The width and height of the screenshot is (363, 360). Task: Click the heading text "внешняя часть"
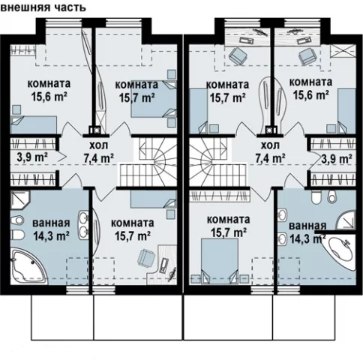[x=43, y=7]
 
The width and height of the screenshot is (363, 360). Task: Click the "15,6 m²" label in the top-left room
[x=49, y=96]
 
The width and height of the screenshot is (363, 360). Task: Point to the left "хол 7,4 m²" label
[x=98, y=152]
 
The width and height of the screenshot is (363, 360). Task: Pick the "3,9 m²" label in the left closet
[x=32, y=157]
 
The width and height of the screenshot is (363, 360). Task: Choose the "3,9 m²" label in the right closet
[x=337, y=158]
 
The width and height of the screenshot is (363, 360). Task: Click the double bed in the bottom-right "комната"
[x=220, y=261]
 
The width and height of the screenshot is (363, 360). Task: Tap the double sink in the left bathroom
[x=84, y=223]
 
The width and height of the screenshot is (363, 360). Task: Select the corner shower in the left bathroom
[x=20, y=200]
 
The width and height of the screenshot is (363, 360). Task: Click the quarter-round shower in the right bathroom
[x=346, y=220]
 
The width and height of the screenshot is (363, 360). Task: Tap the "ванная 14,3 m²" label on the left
[x=51, y=229]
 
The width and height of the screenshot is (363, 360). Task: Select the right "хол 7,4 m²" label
[x=271, y=152]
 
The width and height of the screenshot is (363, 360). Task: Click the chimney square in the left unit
[x=95, y=130]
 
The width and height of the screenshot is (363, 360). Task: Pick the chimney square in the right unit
[x=269, y=130]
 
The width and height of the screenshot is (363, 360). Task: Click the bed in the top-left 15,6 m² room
[x=34, y=124]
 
